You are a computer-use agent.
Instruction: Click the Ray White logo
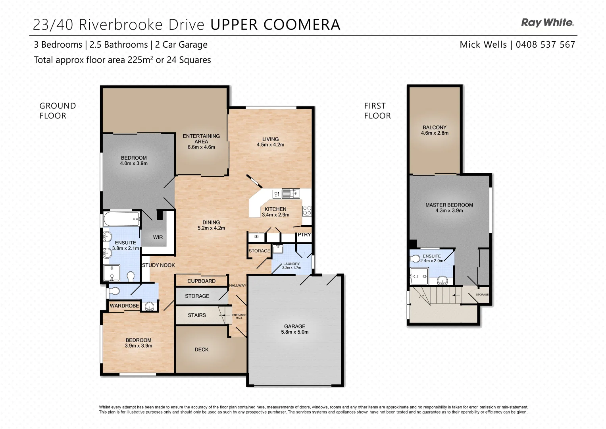point(547,23)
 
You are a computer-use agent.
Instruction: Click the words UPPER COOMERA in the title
point(275,25)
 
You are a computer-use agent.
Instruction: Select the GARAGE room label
point(294,329)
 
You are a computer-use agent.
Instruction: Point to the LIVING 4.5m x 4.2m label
point(270,142)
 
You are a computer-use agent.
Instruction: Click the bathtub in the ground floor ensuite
point(121,218)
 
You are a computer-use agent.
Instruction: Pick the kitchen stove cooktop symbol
point(307,211)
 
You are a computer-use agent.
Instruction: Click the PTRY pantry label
point(304,235)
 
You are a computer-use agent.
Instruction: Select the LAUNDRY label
point(291,265)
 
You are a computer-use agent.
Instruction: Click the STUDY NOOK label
point(158,265)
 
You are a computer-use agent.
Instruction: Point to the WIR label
point(158,237)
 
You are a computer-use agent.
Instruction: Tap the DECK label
point(201,350)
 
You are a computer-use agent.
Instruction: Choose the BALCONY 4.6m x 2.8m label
point(435,130)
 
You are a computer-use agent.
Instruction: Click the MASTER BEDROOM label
point(449,207)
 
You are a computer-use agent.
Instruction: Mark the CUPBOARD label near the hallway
point(201,281)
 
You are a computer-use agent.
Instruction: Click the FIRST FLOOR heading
point(377,111)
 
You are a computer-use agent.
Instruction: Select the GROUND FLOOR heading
point(58,111)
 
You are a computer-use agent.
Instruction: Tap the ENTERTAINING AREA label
point(201,141)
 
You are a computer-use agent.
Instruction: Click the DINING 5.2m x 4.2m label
point(211,225)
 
